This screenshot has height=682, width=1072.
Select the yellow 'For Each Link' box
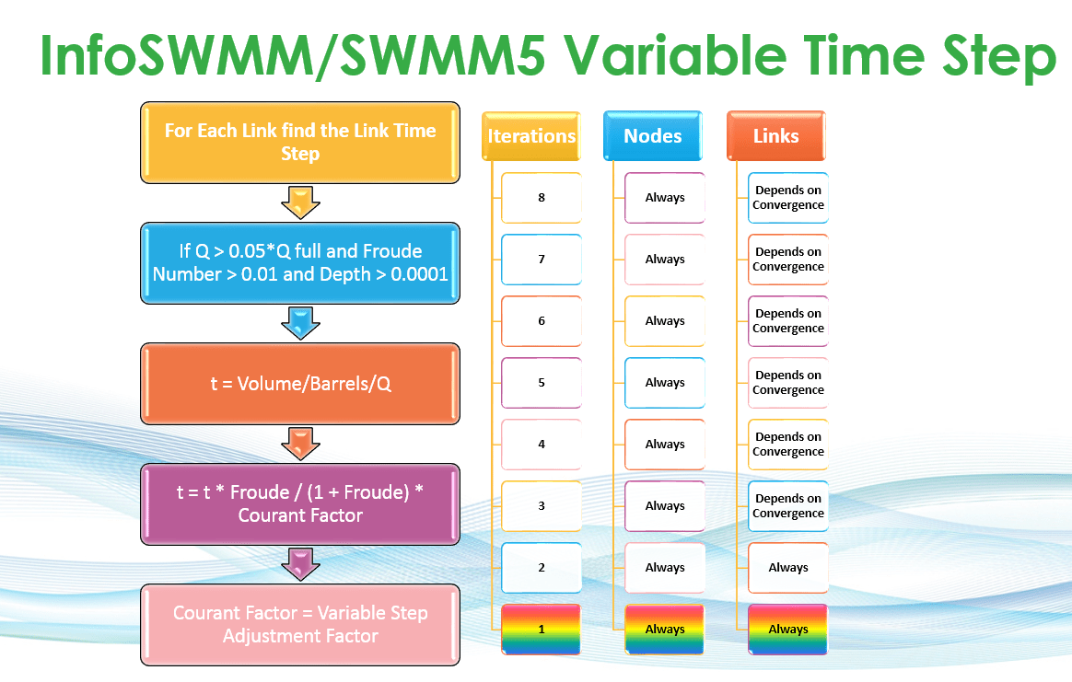[300, 142]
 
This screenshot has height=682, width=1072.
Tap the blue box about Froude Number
[300, 262]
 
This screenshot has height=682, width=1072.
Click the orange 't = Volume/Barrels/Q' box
[300, 384]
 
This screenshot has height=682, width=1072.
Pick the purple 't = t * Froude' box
[300, 504]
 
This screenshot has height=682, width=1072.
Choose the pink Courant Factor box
[300, 624]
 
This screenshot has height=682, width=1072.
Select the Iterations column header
[531, 136]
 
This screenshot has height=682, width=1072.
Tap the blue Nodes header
[653, 136]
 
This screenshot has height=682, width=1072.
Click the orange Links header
[776, 136]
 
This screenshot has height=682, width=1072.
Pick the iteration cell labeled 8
[542, 198]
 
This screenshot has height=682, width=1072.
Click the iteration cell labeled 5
[542, 383]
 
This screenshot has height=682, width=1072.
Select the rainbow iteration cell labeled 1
[542, 630]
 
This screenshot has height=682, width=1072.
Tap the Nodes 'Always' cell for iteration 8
[665, 198]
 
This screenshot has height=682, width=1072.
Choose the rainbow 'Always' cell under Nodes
[665, 630]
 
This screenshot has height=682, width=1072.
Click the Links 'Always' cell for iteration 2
[788, 568]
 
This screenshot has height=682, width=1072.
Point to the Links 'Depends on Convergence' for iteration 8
[788, 198]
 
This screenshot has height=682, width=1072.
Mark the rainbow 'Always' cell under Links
[788, 630]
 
